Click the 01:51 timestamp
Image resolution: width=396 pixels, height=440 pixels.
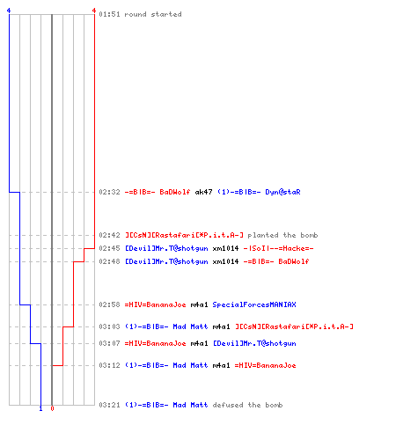tap(109, 14)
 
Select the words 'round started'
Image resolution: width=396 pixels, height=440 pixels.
tap(153, 14)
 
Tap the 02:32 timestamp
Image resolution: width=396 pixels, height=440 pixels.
tap(109, 192)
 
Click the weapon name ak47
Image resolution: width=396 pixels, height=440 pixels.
tap(203, 192)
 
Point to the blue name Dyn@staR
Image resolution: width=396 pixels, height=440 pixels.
tap(282, 192)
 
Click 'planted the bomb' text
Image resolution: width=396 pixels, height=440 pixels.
tap(282, 235)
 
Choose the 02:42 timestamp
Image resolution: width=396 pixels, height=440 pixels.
tap(109, 235)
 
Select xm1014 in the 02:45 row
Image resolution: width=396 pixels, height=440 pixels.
tap(225, 248)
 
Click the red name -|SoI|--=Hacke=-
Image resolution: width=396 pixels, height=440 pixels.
tap(278, 248)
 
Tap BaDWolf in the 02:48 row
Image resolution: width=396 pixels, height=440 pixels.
tap(294, 261)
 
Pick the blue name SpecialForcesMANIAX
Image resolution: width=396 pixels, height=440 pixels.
tap(254, 304)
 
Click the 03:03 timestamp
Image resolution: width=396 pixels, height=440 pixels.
tap(109, 326)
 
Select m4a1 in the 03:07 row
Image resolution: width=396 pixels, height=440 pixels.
tap(199, 343)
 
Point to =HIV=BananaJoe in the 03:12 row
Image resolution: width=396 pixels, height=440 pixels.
tap(265, 365)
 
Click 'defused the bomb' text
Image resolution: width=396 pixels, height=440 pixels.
tap(247, 405)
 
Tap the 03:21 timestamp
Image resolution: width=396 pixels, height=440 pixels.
tap(109, 405)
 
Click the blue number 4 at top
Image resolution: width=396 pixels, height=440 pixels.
tap(9, 11)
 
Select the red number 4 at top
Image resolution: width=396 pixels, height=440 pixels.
tap(94, 11)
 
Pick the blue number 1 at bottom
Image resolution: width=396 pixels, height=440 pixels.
tap(40, 408)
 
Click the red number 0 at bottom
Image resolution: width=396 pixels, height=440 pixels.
tap(52, 408)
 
